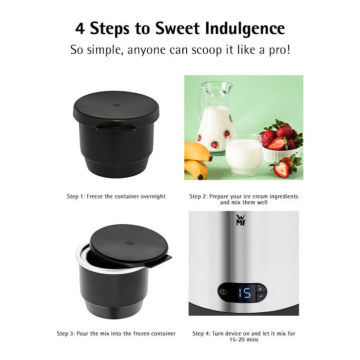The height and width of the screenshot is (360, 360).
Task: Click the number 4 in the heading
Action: click(x=80, y=29)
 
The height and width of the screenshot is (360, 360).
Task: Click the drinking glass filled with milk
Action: click(x=244, y=155)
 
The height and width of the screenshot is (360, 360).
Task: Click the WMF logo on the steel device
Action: click(x=241, y=220)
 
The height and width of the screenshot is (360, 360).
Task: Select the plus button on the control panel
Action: click(x=260, y=289)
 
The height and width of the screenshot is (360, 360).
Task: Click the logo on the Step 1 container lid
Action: click(x=116, y=105)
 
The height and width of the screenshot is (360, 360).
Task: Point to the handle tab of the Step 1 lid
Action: click(x=116, y=128)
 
